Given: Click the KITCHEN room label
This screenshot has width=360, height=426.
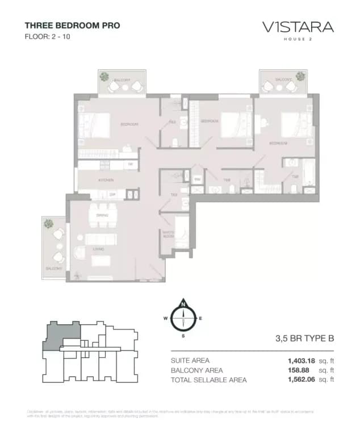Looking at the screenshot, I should pos(106,180).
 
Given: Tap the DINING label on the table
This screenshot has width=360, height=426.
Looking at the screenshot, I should pos(102,216).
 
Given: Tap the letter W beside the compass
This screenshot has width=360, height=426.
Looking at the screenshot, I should pos(165,318).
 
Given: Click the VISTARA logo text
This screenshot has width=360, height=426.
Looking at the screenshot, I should pos(298,27).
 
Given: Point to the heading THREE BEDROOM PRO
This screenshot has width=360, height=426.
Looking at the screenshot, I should pos(72,26).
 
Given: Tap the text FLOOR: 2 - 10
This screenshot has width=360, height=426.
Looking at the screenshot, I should pos(48,37).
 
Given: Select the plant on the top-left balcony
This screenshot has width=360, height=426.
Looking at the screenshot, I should pos(104,76).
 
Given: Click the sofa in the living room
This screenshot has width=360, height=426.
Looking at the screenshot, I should pos(101,239).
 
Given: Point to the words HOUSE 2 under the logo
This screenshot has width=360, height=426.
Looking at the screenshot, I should pos(298,39).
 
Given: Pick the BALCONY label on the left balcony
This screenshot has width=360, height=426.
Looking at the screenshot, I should pos(55,268).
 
